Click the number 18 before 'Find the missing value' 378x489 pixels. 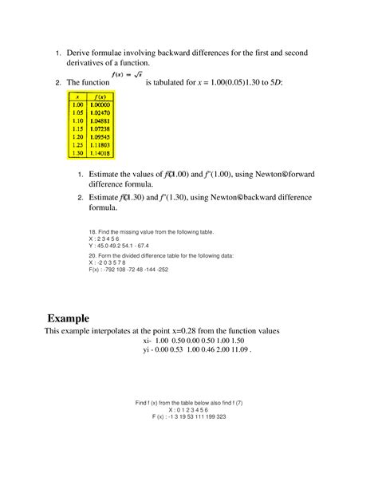(93, 231)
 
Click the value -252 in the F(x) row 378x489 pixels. (160, 270)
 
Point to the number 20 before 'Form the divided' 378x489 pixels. (93, 256)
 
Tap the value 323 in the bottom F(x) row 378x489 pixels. (219, 416)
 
